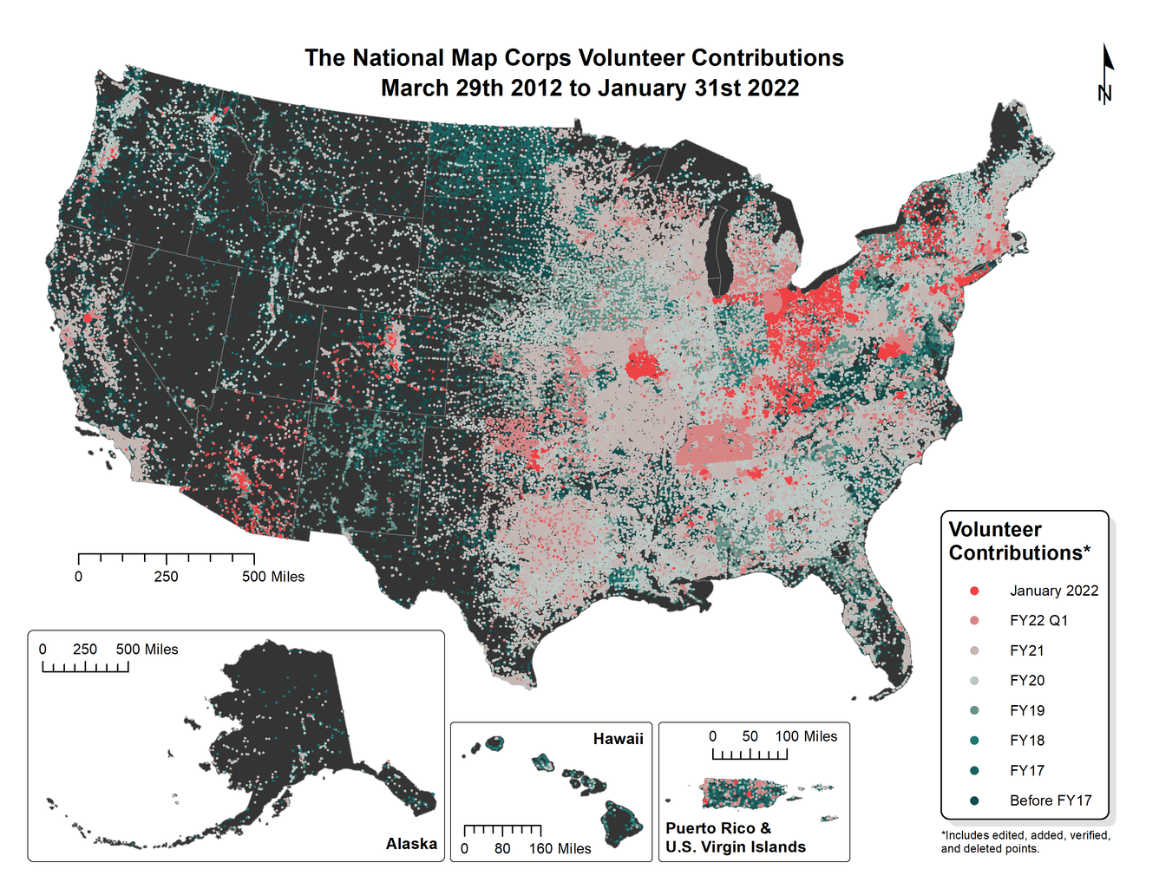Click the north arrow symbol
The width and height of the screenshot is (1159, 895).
(1106, 75)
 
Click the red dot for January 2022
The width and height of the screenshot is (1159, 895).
(974, 591)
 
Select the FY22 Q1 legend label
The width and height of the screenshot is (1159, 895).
(1038, 620)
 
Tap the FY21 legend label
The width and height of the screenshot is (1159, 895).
(1026, 650)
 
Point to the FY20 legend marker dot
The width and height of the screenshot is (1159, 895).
(974, 681)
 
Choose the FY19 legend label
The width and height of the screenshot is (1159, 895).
(1026, 710)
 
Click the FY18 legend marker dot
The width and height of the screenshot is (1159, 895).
(974, 741)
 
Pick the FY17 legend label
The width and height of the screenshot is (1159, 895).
(1026, 770)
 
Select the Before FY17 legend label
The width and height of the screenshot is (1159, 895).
(1050, 800)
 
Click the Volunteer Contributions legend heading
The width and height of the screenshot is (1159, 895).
(1018, 541)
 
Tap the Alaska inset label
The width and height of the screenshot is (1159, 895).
(411, 844)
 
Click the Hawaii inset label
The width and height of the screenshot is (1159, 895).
(618, 739)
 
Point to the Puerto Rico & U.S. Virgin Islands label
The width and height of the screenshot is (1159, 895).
(735, 838)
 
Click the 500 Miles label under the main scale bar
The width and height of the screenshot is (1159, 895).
(273, 577)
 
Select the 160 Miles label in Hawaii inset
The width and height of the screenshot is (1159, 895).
(560, 848)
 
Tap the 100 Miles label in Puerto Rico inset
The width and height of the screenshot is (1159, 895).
(806, 736)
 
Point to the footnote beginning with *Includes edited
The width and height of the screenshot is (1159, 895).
(1025, 841)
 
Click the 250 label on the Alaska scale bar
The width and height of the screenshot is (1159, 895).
(85, 650)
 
